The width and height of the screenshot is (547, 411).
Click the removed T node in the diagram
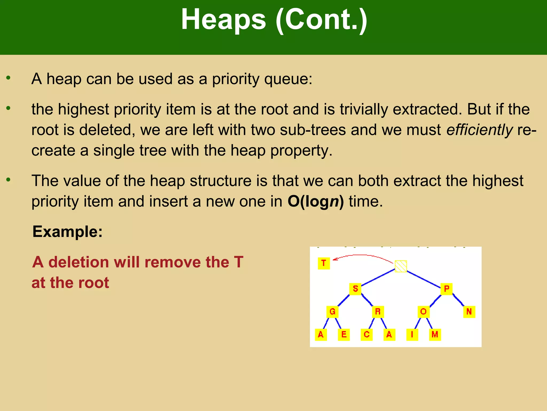click(324, 263)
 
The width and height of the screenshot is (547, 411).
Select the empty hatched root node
click(401, 266)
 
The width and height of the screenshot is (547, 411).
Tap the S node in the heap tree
click(355, 289)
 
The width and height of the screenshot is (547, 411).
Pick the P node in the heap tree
click(447, 289)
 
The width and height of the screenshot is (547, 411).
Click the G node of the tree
click(333, 312)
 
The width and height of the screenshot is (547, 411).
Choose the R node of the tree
click(378, 312)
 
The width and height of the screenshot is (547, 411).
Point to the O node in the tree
click(424, 312)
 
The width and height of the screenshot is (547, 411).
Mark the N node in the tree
click(469, 312)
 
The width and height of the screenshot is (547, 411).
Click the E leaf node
click(344, 334)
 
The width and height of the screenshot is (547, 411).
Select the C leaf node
click(367, 334)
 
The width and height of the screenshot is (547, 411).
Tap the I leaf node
click(412, 334)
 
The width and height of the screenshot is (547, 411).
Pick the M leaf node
click(435, 334)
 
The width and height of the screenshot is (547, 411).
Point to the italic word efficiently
click(479, 130)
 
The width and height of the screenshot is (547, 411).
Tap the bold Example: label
click(68, 232)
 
